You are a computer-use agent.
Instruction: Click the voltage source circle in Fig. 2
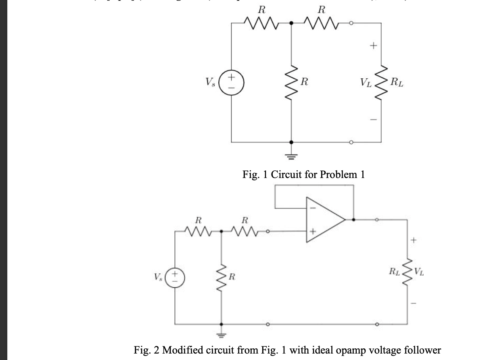click(175, 278)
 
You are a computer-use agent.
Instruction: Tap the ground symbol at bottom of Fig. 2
click(221, 334)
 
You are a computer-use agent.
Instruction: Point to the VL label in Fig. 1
click(366, 85)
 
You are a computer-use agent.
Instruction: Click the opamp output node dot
click(354, 220)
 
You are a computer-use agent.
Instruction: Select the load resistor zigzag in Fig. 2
click(407, 270)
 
